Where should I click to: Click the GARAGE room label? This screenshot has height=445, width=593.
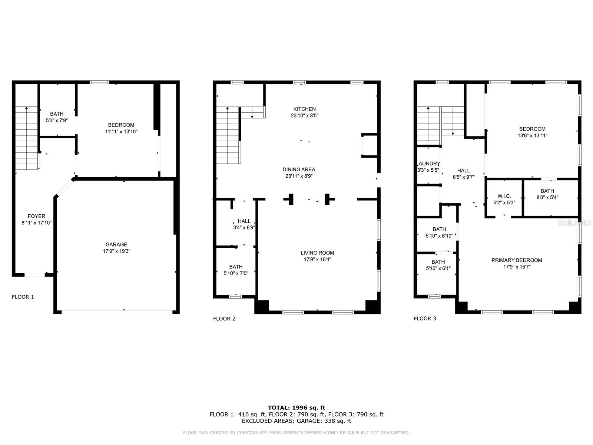pos(116,245)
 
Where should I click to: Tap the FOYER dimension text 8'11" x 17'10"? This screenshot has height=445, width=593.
pos(36,223)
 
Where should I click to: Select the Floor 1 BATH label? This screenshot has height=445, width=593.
pos(57,114)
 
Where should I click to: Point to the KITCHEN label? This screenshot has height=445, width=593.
pos(304,109)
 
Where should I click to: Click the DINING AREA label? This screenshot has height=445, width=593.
pos(299,169)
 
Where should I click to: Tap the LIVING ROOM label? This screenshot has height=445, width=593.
pos(317,253)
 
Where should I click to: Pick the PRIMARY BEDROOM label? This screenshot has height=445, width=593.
pos(517,260)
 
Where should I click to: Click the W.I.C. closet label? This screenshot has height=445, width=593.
pos(504,196)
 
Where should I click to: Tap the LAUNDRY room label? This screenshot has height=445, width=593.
pos(429,164)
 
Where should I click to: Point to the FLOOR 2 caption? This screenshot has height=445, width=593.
pos(224,319)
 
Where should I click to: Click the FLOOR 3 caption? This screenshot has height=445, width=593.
pos(425,318)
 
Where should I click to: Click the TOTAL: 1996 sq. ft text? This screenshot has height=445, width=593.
pos(296,408)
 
